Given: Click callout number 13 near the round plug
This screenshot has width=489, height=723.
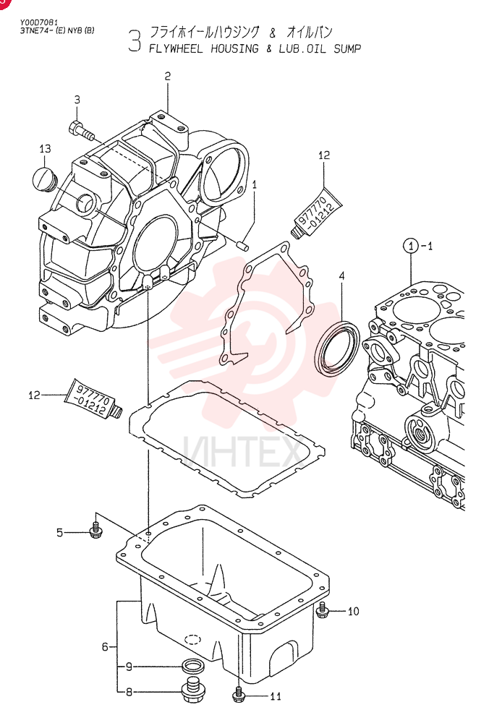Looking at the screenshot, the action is tap(45, 149).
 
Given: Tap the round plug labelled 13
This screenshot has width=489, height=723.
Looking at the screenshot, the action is tap(44, 179).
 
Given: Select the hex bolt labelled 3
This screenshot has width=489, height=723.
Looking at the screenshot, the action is tap(81, 129).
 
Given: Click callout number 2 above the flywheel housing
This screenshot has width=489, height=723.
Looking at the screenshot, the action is tap(167, 76).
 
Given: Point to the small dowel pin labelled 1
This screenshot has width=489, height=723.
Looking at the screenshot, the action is tap(244, 245).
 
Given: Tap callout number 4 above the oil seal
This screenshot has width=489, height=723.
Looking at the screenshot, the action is tap(342, 276).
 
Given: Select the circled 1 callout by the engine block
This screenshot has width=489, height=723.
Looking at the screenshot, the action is tap(411, 246).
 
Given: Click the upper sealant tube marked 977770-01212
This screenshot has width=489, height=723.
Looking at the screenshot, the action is tap(315, 212).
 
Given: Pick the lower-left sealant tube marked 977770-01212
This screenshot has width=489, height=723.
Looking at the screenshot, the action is tap(93, 398).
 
